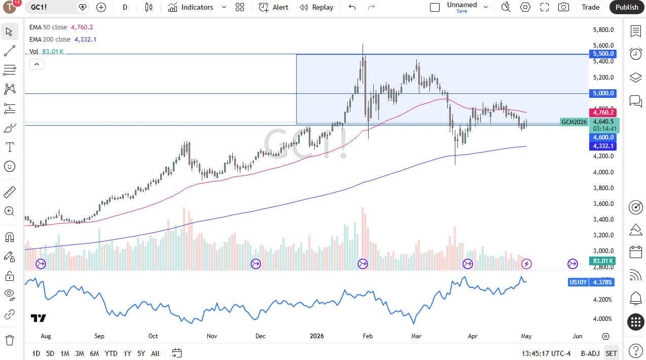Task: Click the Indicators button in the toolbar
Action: (191, 7)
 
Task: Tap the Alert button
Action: (273, 7)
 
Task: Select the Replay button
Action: (316, 7)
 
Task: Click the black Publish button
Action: (627, 7)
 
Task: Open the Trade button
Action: (590, 7)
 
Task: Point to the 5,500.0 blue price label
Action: (603, 54)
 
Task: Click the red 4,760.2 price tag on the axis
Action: (603, 113)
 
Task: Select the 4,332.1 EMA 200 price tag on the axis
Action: (603, 146)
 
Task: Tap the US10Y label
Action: (578, 282)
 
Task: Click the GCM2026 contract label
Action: (574, 122)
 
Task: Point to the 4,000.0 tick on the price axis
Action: (603, 172)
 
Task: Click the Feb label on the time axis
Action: (368, 336)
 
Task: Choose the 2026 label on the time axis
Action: (316, 336)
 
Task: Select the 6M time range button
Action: (94, 353)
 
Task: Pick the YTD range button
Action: (111, 353)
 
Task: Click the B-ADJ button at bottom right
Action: (590, 353)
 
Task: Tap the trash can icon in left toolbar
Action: (10, 340)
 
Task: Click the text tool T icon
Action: (10, 147)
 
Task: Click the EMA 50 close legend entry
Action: (48, 27)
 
